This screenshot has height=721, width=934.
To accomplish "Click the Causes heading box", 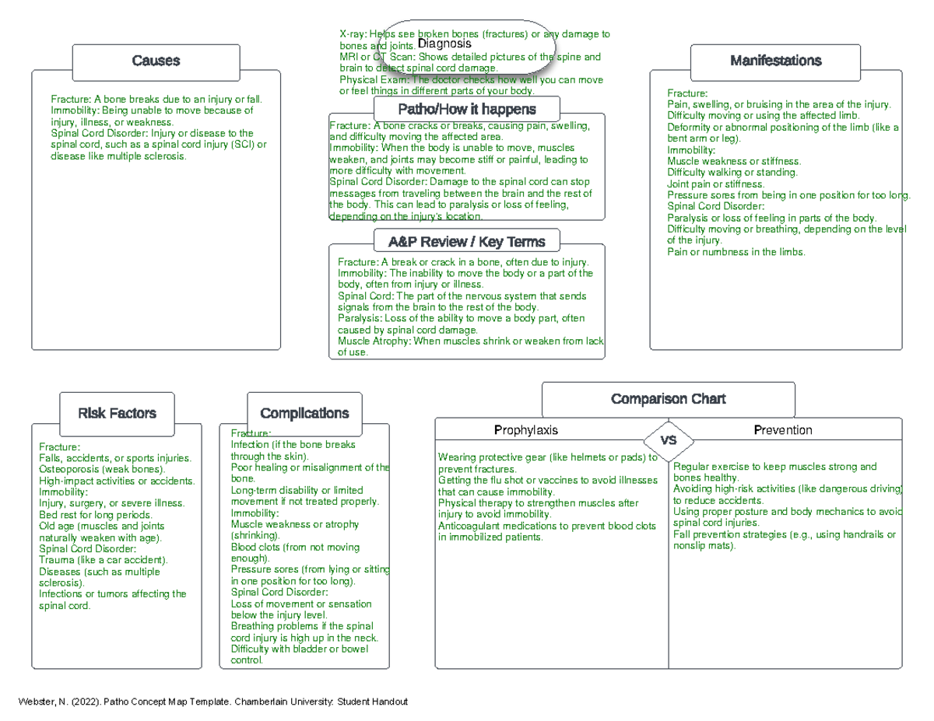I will [156, 61].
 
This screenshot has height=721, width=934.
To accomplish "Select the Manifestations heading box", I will [775, 61].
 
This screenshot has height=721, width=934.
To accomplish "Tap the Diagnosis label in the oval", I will [444, 44].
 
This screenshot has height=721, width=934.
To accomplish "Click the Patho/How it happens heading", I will [466, 109].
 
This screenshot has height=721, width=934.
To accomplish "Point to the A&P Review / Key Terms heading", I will [466, 242].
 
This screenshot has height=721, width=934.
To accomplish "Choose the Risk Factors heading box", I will [117, 414].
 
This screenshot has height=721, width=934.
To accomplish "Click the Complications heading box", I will [304, 414].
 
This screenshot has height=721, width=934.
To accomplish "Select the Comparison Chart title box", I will [668, 399].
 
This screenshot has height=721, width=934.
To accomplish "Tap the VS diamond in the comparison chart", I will [668, 440].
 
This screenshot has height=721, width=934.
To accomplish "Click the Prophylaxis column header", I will [526, 430].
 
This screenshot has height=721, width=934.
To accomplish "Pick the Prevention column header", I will [782, 430].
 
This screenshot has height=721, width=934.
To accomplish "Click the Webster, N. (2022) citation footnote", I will [212, 702].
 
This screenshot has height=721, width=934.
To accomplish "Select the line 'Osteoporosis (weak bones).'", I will [102, 470].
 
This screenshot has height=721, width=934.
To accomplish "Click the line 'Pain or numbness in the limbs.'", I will [736, 252].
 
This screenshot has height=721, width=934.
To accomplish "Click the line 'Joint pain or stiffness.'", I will [716, 184].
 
